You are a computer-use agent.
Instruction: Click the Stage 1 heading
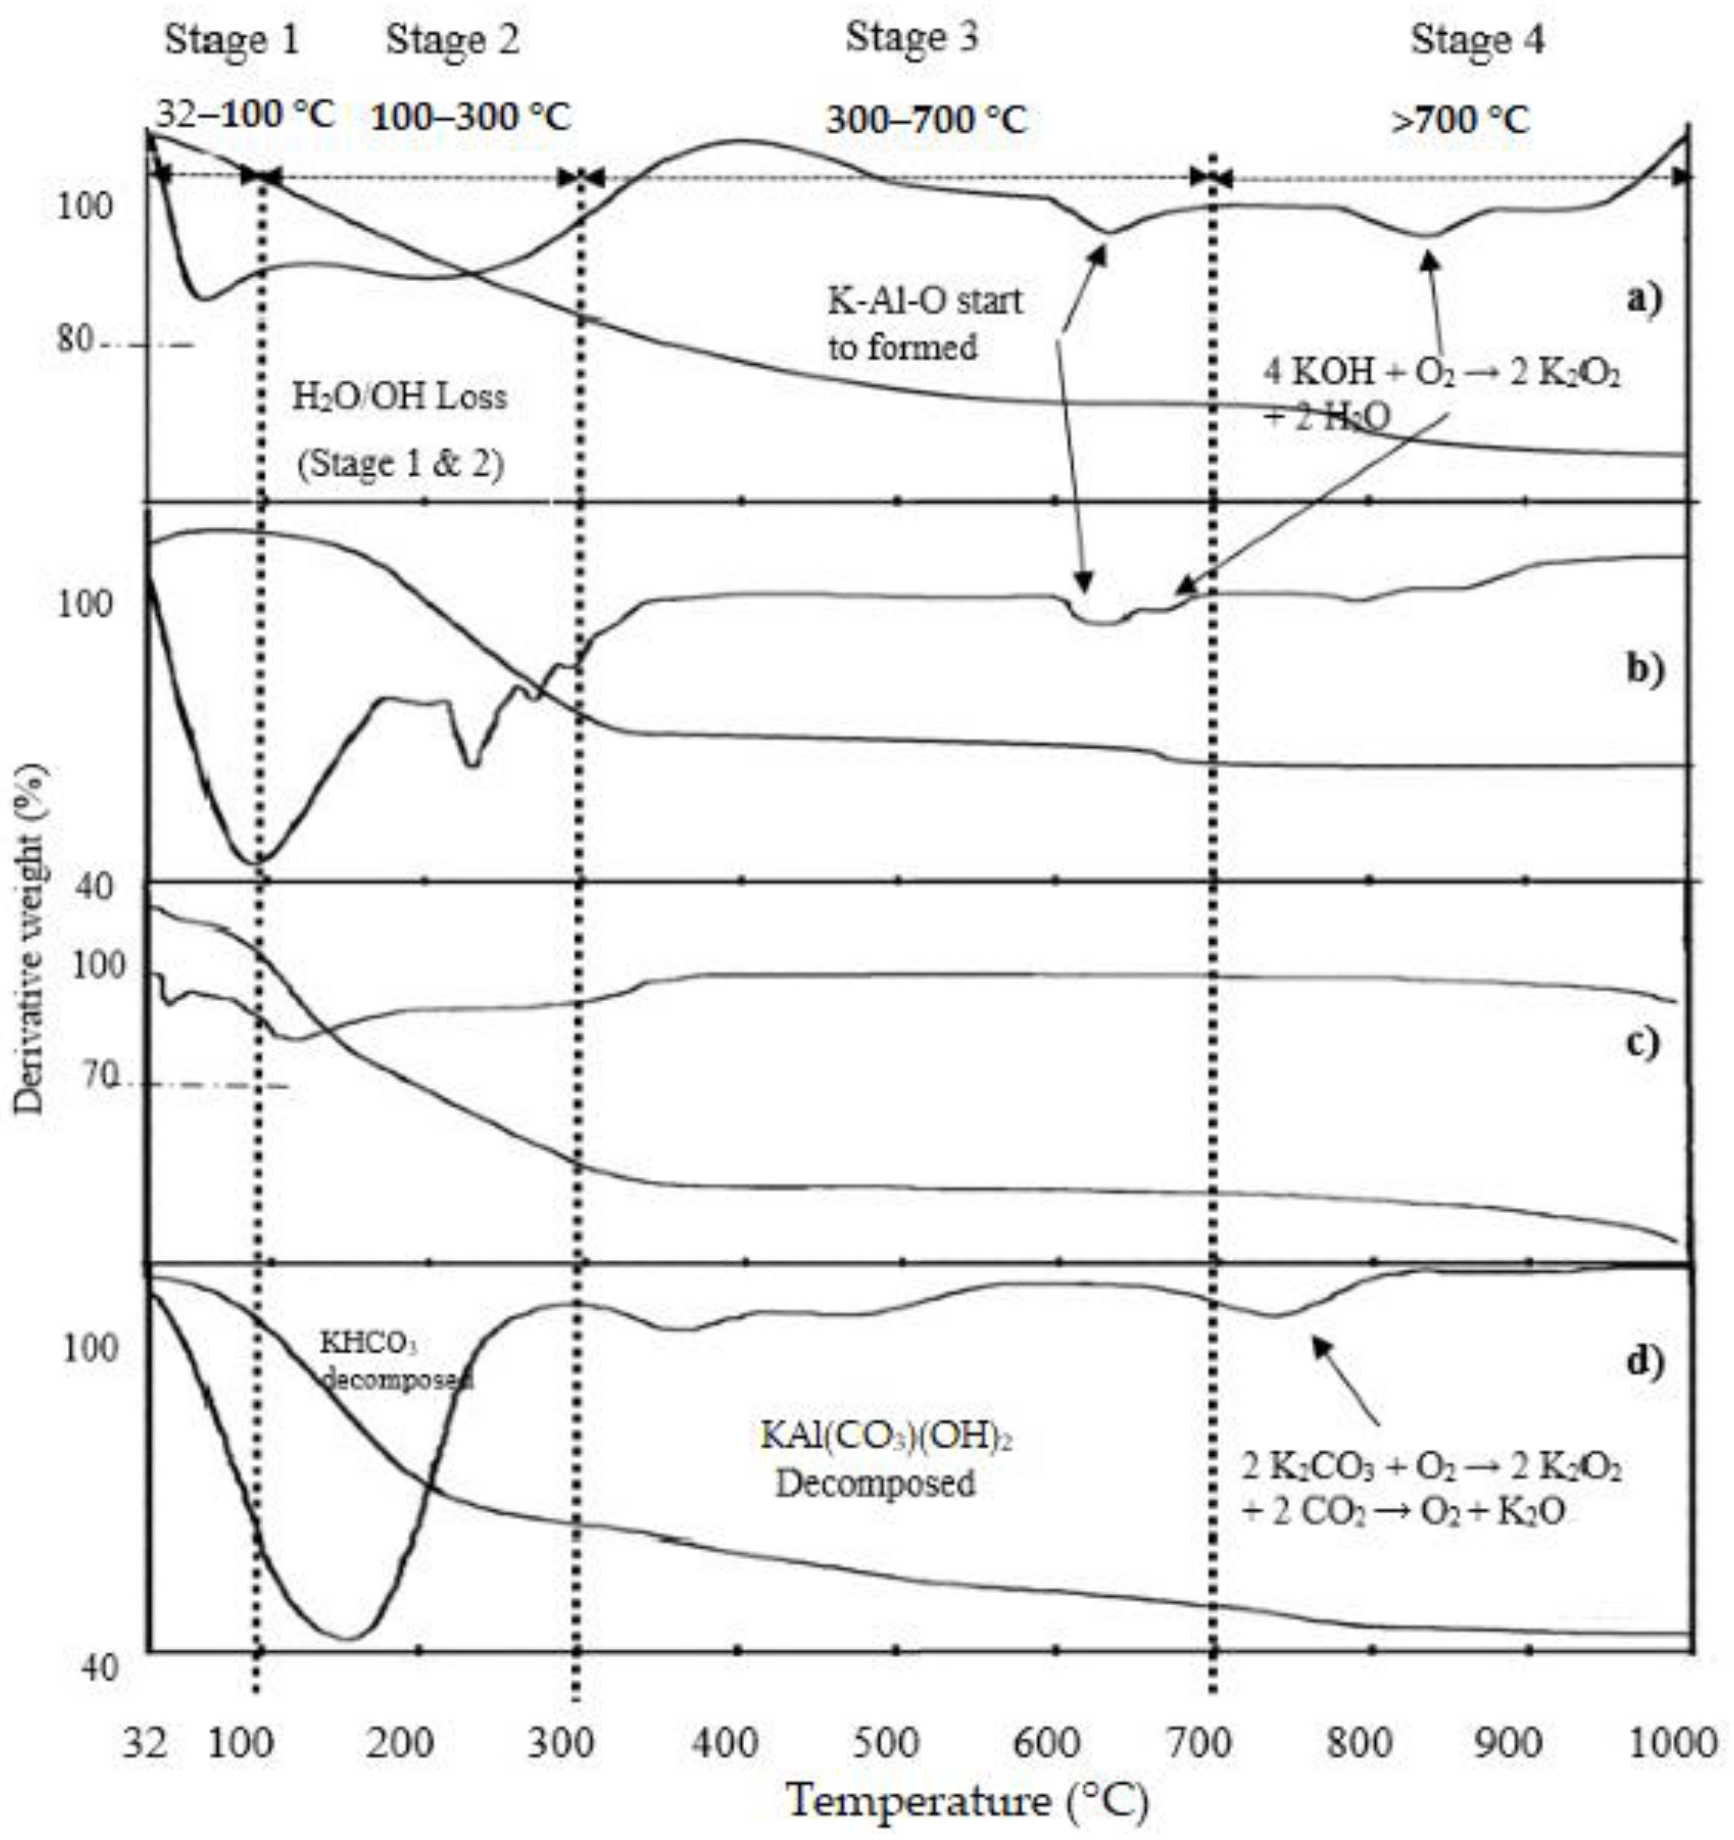click(232, 41)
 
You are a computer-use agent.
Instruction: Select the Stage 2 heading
click(452, 41)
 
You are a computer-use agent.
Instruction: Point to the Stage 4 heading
click(1477, 41)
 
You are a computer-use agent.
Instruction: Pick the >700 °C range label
click(1460, 120)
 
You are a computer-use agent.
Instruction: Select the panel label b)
click(1644, 668)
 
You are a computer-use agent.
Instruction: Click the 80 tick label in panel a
click(75, 341)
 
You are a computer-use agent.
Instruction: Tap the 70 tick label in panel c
click(96, 1076)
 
